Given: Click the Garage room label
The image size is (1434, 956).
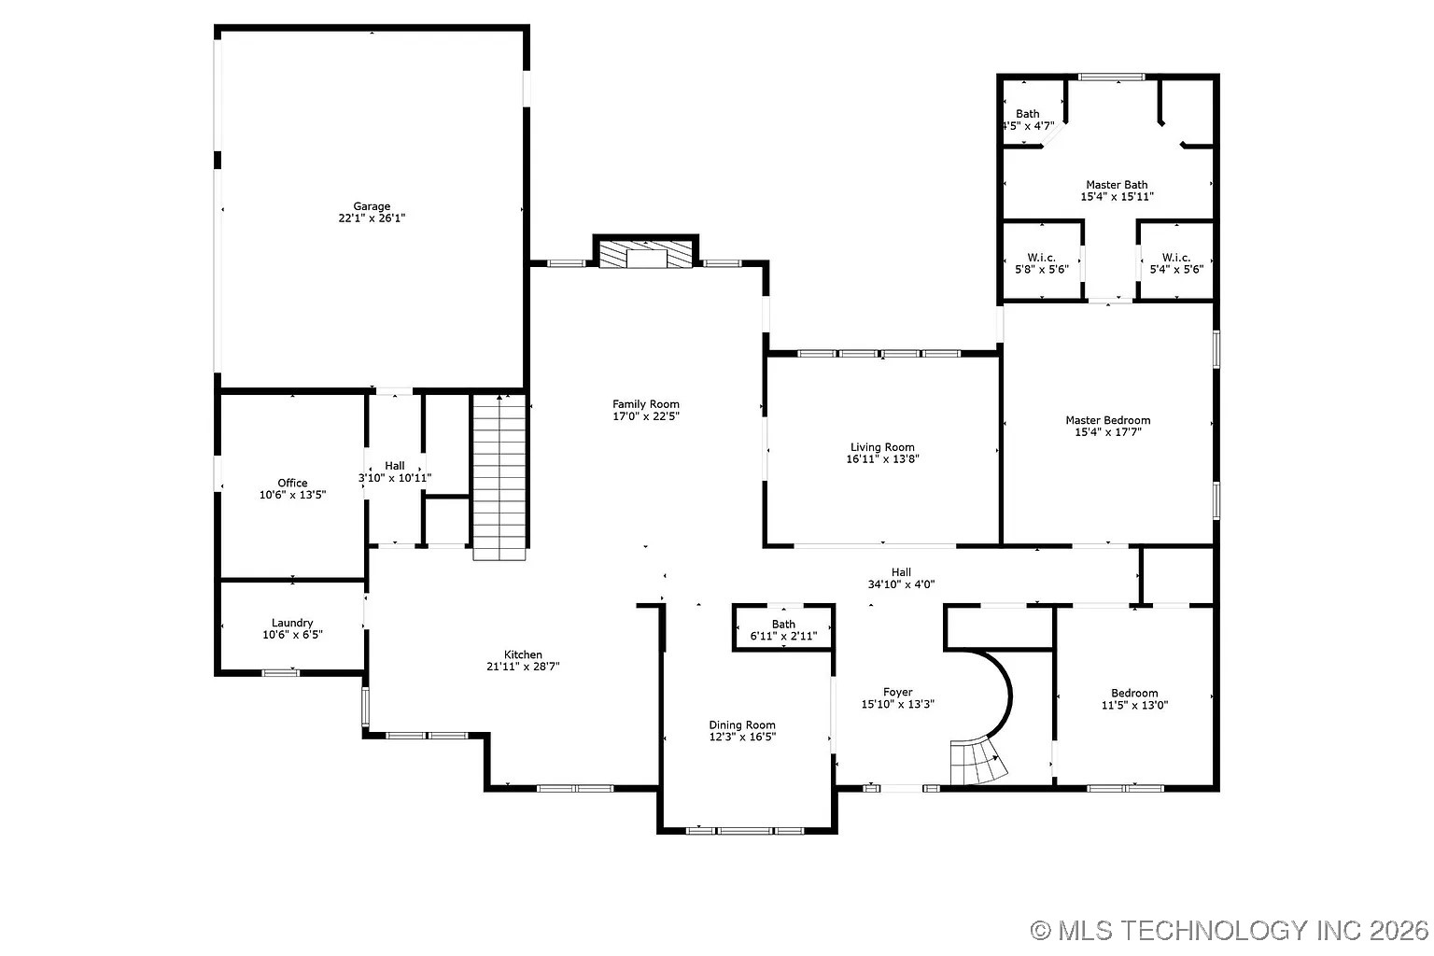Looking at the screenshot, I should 372,206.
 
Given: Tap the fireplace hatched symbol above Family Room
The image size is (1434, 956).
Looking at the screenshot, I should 646,255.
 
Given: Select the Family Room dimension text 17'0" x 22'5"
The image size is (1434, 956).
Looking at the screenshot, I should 646,416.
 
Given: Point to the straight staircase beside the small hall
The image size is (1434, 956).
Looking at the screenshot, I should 499,476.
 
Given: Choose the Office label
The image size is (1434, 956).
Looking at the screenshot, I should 292,483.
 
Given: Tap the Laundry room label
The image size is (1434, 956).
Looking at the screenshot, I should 292,623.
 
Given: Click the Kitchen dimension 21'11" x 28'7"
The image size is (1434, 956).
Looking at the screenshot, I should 523,667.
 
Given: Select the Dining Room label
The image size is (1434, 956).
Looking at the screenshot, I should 742,724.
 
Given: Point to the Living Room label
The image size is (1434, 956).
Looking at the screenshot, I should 882,447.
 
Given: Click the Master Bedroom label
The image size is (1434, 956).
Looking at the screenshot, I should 1108,420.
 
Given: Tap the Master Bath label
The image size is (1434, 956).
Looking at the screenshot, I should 1117,185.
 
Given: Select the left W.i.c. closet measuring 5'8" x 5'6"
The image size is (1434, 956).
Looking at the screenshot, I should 1041,263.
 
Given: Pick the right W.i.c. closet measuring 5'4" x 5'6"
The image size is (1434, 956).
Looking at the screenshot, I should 1175,263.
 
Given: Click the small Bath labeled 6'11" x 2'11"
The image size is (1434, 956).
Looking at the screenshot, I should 783,630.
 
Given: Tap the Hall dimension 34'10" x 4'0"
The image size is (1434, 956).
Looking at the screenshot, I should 901,584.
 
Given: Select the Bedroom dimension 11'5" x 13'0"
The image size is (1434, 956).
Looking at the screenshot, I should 1134,705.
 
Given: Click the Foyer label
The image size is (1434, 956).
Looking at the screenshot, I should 898,692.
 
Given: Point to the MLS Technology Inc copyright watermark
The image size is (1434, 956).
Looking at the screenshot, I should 1230,930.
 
